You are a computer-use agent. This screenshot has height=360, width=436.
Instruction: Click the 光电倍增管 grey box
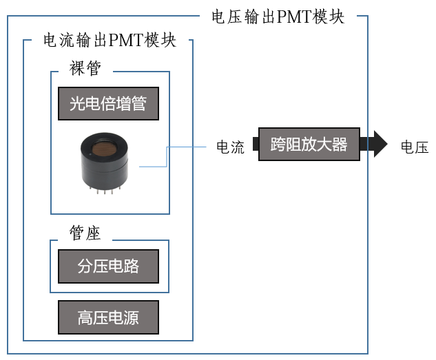tap(108, 104)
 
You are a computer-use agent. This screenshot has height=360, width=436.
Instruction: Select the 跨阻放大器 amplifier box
tap(309, 145)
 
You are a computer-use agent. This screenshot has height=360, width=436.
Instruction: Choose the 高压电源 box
tap(108, 317)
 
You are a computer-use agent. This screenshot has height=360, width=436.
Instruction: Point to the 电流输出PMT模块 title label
tap(110, 40)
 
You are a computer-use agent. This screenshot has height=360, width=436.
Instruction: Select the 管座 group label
tap(85, 233)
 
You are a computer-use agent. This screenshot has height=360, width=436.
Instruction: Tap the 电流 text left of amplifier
tap(230, 147)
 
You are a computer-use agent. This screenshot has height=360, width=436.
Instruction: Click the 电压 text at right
tap(415, 147)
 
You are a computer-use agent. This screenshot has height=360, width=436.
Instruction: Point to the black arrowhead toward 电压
tap(380, 144)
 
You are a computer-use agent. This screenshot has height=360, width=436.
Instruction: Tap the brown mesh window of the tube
tap(106, 146)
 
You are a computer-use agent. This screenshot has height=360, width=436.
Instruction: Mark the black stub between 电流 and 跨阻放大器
tap(255, 145)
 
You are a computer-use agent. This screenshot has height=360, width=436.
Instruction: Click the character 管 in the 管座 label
tap(78, 233)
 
